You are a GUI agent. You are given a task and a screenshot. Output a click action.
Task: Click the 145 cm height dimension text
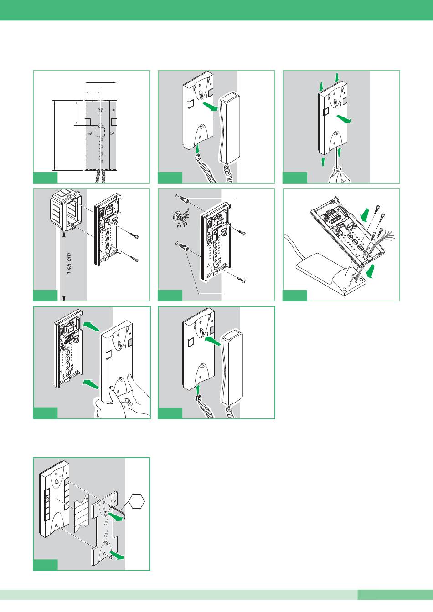coord(69,264)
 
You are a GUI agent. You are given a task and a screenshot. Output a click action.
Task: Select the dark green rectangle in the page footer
coord(395,595)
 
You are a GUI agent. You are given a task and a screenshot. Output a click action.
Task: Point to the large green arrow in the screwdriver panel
coord(344,119)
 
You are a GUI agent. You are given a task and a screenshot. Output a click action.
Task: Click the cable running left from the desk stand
coord(297,248)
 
